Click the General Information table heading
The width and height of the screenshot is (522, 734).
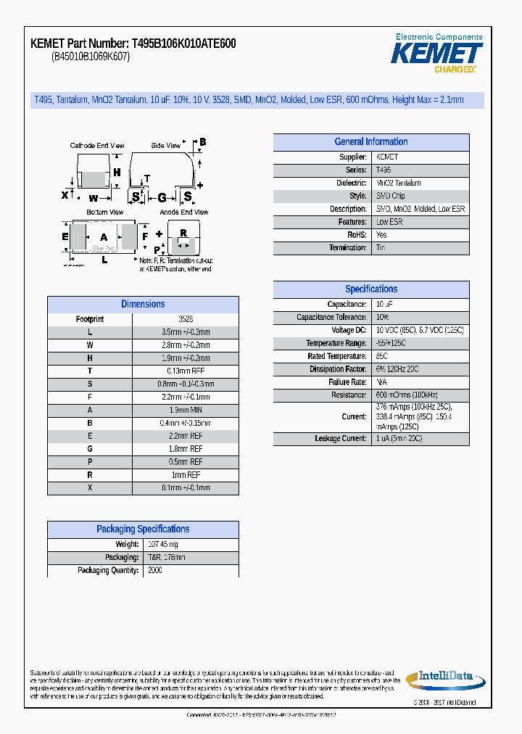click(370, 142)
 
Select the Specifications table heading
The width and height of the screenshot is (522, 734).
click(370, 289)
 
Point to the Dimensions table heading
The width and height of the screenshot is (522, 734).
click(143, 305)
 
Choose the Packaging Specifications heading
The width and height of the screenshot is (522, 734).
click(143, 529)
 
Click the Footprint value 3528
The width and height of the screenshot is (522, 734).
click(186, 319)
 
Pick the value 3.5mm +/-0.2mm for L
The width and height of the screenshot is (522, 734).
click(186, 332)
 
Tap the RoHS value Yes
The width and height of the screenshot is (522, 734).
click(381, 235)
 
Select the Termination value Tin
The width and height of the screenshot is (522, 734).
click(381, 248)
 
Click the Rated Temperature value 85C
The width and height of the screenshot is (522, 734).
click(381, 357)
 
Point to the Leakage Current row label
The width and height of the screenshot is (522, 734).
click(340, 439)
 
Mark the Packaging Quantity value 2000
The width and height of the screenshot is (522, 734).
click(155, 571)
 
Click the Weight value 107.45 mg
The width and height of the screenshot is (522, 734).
click(162, 545)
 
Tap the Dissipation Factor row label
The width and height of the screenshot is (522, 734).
click(337, 370)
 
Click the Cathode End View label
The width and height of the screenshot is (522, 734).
click(96, 146)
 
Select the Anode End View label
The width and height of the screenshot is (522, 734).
click(183, 213)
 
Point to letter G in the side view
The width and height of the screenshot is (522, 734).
click(162, 197)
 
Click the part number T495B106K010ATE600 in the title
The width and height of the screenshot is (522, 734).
click(183, 44)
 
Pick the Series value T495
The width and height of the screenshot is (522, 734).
click(384, 170)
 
